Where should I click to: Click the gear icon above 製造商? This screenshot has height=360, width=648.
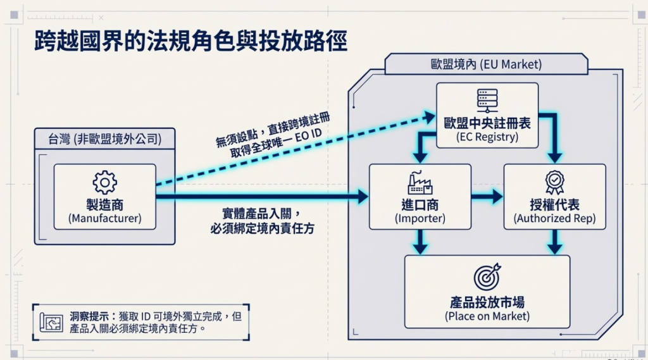104,182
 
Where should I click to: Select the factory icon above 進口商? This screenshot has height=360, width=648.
420,182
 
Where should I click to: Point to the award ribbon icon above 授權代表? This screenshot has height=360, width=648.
554,183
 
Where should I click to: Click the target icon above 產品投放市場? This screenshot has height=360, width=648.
487,276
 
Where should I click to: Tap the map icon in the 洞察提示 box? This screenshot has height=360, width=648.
51,323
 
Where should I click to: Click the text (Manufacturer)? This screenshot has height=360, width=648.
105,218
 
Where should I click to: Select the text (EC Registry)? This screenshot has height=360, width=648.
487,137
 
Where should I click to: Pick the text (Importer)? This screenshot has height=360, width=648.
420,218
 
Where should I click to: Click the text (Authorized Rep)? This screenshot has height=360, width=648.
554,218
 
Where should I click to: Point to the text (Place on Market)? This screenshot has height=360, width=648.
487,316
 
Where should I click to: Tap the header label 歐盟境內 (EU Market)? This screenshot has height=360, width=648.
486,65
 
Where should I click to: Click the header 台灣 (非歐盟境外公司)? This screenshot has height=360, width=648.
104,139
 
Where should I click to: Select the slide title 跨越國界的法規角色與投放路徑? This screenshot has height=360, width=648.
190,40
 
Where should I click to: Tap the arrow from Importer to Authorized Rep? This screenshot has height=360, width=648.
487,197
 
